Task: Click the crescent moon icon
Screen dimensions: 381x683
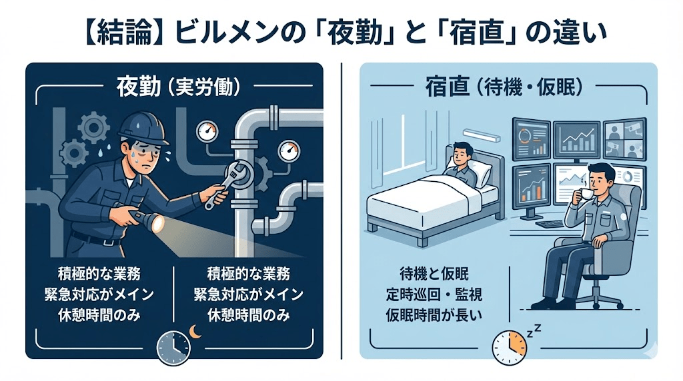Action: [x=194, y=331]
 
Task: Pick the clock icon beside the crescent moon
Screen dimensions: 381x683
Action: [x=173, y=344]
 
